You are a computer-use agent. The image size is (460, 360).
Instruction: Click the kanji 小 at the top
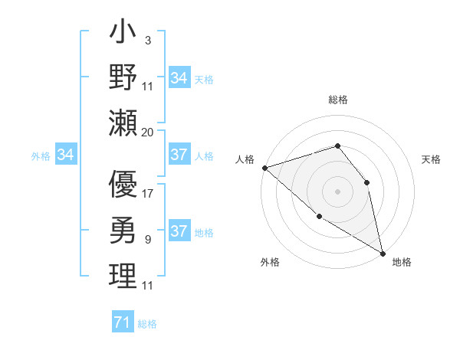point(123,35)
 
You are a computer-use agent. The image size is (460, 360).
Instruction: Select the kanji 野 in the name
point(123,77)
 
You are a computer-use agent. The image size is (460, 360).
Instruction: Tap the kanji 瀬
point(123,122)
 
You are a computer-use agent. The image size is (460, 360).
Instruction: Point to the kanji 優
point(123,185)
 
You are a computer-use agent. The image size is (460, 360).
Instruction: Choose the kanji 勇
point(123,229)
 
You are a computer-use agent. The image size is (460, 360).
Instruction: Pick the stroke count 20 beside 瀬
point(148,132)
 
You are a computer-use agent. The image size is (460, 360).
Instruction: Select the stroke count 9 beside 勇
point(148,240)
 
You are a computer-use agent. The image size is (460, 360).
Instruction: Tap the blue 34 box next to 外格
point(66,155)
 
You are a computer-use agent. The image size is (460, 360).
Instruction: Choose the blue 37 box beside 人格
point(179,155)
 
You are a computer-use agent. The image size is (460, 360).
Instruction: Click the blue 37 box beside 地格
point(179,231)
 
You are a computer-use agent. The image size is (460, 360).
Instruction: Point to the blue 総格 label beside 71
point(147,324)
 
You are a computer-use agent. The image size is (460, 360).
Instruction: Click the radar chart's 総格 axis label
point(338,100)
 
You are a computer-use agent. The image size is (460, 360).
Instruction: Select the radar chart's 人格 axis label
point(245,159)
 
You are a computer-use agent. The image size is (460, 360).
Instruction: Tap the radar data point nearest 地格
point(382,253)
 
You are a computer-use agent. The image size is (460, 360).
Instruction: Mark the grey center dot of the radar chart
point(337,191)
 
